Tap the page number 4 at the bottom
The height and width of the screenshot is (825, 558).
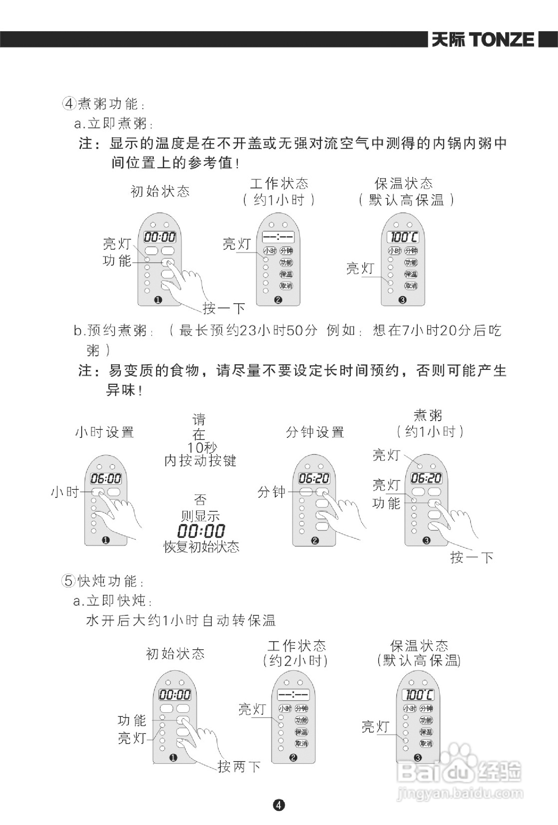point(279,805)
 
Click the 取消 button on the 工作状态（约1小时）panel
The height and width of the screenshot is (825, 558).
point(286,286)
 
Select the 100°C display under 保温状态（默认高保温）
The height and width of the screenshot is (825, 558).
point(403,237)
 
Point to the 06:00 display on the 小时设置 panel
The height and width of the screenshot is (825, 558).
point(105,478)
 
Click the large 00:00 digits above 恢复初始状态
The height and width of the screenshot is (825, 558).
point(201,531)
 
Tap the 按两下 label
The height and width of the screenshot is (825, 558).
point(239,767)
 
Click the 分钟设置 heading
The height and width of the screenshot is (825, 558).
point(315,432)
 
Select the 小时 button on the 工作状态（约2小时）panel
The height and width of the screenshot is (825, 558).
point(285,709)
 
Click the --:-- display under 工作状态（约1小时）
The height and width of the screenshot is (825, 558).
point(278,236)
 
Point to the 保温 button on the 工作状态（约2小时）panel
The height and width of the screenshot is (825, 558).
point(302,732)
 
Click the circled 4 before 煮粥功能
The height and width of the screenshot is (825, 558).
point(69,103)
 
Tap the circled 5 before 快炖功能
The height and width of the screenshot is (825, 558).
point(69,581)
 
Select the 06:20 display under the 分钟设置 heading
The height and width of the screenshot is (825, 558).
point(314,478)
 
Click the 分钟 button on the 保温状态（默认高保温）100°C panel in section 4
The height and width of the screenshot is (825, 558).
point(411,251)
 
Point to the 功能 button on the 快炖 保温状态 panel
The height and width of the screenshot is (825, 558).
point(426,720)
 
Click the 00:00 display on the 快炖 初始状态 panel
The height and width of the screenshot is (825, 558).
point(175,695)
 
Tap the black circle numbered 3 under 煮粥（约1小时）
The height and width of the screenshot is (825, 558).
point(426,541)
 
